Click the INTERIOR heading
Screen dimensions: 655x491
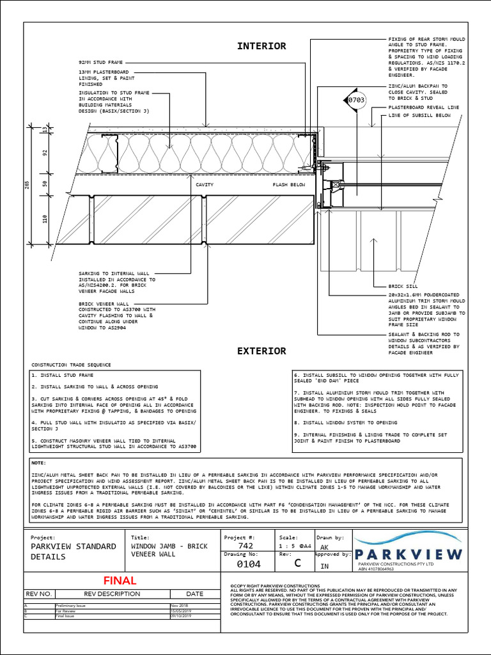pos(261,46)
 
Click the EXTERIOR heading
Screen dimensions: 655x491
pos(261,351)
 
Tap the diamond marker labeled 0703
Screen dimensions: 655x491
pos(357,100)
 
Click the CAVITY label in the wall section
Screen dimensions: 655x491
pos(205,184)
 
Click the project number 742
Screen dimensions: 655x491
pos(245,546)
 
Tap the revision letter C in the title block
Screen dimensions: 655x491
pos(297,564)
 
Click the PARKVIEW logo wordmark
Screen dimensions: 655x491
pos(408,554)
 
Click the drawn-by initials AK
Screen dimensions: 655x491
pos(324,547)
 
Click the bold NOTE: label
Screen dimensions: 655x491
pos(40,462)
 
